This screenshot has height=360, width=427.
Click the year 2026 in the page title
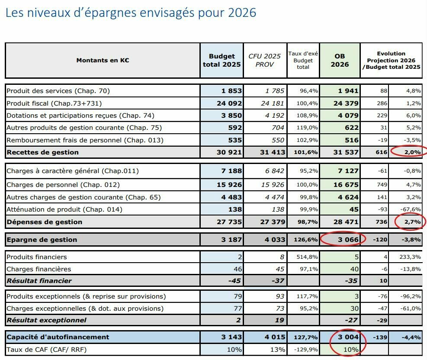[x=241, y=13]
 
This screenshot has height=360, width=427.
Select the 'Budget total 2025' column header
[x=222, y=60]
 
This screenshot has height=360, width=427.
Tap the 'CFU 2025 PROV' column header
[x=264, y=60]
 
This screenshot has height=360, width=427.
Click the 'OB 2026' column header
[x=340, y=60]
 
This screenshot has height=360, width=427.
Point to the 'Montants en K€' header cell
[x=103, y=60]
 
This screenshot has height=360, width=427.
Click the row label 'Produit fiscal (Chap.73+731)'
[x=54, y=103]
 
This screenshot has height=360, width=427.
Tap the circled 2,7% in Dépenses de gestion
[x=409, y=222]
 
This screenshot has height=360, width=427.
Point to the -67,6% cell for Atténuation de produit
[x=407, y=209]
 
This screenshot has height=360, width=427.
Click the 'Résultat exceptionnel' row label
[x=46, y=320]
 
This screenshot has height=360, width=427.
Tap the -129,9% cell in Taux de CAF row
[x=305, y=350]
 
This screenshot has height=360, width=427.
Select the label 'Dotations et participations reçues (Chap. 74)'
[x=80, y=116]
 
